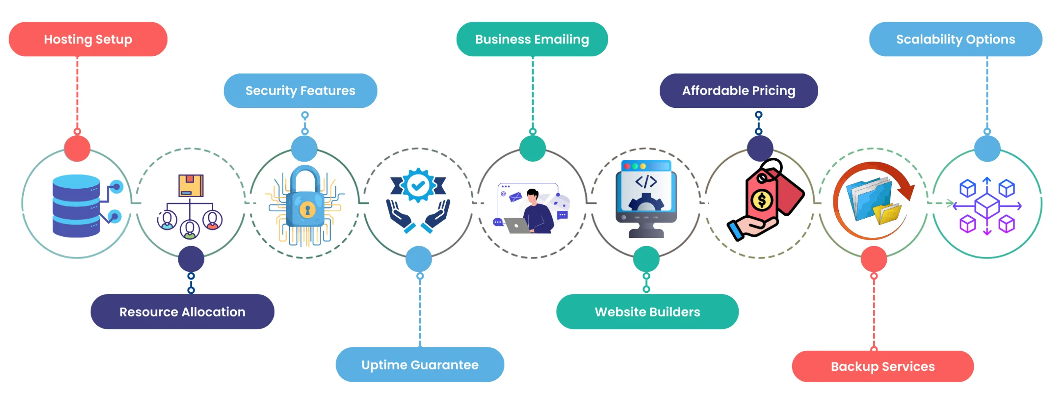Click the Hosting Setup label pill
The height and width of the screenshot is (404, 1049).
(88, 39)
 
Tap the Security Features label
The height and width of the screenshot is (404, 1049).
(300, 91)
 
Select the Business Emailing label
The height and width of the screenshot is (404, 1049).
(531, 39)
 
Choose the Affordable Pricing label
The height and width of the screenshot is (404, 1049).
(738, 91)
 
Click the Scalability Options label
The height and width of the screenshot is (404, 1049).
(955, 39)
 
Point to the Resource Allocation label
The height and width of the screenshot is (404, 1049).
(182, 312)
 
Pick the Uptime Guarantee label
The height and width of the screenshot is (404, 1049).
(419, 365)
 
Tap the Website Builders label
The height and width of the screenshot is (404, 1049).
(647, 312)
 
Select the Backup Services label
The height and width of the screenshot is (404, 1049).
(882, 366)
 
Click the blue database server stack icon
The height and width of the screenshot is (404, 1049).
(76, 206)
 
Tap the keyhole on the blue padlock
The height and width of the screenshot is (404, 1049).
(307, 210)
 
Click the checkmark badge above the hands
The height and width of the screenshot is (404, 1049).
(418, 185)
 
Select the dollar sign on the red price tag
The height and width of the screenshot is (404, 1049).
(762, 200)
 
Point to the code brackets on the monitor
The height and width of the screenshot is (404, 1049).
(646, 182)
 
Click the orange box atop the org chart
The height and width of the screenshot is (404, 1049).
(191, 186)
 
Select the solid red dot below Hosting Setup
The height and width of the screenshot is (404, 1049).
(77, 148)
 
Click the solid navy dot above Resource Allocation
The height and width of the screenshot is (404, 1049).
(191, 259)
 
